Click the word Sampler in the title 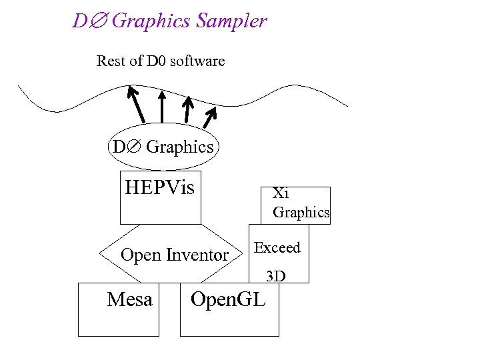(232, 21)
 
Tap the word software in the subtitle (197, 61)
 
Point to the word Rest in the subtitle (111, 61)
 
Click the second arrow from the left (162, 106)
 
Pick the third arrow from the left (189, 110)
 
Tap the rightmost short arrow (211, 117)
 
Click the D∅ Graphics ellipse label (163, 147)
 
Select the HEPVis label (160, 187)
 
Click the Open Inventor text (174, 255)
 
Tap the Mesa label (129, 300)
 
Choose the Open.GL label (228, 300)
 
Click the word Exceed (277, 248)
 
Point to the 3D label (276, 275)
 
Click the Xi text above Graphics (280, 194)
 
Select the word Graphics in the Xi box (301, 213)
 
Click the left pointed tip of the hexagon (100, 253)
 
